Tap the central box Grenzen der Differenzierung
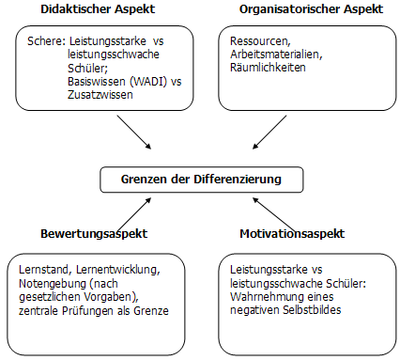[x=202, y=179]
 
